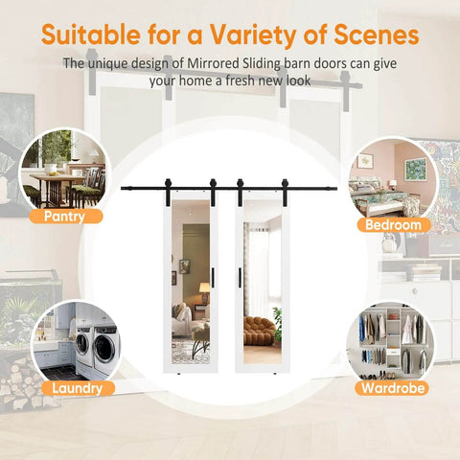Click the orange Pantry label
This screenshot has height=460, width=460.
tap(66, 217)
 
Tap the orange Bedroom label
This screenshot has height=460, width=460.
tap(393, 224)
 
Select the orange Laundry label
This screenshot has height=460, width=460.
tap(78, 388)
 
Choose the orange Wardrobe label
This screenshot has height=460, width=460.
tap(393, 388)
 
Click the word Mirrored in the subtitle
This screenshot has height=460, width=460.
tap(213, 63)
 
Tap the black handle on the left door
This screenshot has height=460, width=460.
tap(213, 278)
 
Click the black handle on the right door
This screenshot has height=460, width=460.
tap(240, 278)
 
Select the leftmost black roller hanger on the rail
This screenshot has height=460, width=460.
tap(168, 189)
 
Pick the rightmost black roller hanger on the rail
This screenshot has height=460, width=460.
tap(285, 189)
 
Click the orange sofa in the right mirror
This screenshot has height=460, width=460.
tap(259, 331)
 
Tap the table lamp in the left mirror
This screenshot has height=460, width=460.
tap(204, 292)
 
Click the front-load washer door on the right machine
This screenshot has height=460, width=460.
tap(105, 349)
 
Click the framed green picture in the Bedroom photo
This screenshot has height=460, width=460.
tap(416, 169)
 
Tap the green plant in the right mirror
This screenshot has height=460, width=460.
tap(278, 324)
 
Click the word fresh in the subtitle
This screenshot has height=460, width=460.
tap(241, 80)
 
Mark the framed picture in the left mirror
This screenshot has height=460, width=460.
tap(184, 266)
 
